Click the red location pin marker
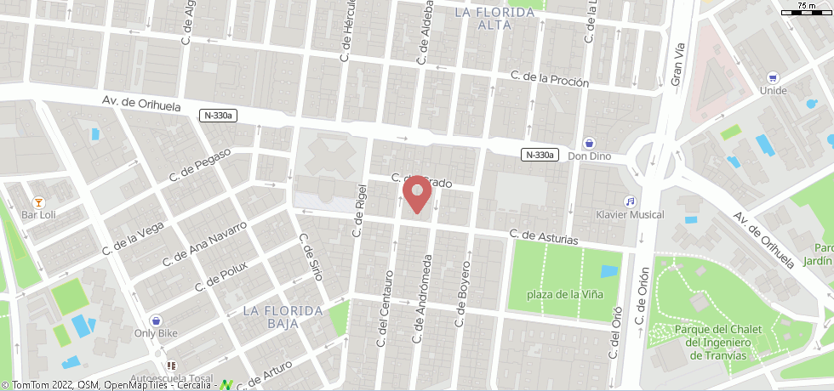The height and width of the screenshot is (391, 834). tap(417, 193)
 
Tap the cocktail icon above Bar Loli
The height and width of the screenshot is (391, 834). tap(38, 201)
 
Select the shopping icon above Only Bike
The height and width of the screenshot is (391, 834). tap(156, 320)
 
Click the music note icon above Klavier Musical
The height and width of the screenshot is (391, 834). tap(630, 201)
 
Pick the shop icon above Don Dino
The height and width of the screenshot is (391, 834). tap(589, 143)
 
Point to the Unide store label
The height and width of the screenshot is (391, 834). tap(773, 91)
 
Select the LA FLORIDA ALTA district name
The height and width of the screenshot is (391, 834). tap(494, 18)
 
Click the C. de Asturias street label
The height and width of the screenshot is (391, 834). tap(544, 238)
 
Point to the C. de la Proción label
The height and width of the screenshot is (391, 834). tap(550, 80)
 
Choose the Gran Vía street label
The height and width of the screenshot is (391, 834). tap(677, 64)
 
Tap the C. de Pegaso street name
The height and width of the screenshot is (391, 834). tap(201, 164)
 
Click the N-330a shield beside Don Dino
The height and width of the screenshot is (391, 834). tap(540, 155)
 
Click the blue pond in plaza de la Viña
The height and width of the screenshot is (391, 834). tap(609, 272)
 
